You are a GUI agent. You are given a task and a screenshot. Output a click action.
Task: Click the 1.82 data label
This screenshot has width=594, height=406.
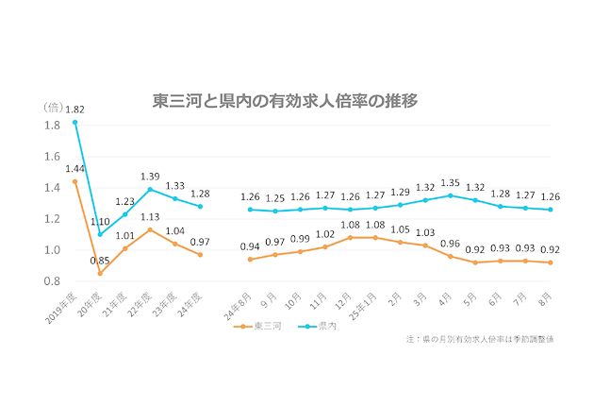pos(74,110)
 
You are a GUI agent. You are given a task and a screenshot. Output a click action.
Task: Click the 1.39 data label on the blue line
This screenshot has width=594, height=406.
pos(149,177)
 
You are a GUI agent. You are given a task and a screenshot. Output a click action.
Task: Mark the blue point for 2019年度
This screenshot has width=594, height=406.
pos(74,122)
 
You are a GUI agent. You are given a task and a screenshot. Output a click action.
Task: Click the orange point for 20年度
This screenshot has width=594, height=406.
pos(99,273)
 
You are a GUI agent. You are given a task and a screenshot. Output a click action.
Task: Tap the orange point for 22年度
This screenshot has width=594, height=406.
pos(149,229)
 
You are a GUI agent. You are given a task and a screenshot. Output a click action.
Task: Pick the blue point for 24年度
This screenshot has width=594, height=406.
pos(200,206)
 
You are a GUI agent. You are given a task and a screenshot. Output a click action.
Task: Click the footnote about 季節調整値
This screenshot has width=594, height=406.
pos(479,339)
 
